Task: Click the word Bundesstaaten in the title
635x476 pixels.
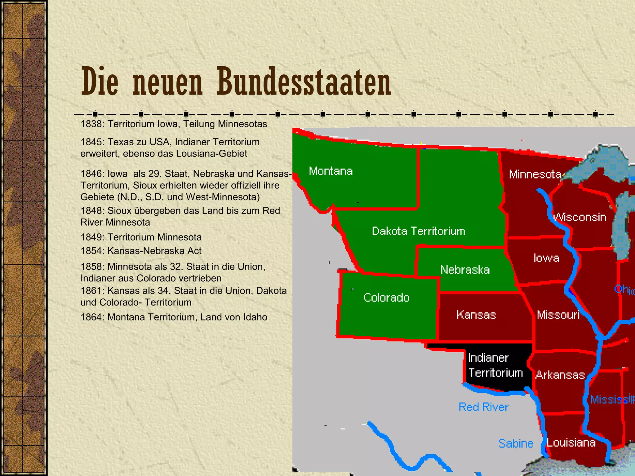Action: [304, 82]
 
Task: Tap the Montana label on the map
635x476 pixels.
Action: [331, 171]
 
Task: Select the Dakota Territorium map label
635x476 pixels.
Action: [418, 231]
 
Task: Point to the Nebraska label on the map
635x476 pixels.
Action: [465, 270]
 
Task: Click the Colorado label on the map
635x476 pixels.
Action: [386, 297]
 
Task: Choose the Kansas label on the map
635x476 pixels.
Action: [476, 315]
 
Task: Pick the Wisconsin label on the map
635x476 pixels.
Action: [580, 217]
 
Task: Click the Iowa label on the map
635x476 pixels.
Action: [546, 258]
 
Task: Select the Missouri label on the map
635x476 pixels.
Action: [558, 315]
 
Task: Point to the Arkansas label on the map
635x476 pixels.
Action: [560, 375]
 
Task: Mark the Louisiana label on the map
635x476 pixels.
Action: [571, 443]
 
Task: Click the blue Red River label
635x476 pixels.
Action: [483, 407]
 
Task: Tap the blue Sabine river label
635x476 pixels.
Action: [516, 443]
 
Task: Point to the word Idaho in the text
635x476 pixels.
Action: [255, 317]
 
